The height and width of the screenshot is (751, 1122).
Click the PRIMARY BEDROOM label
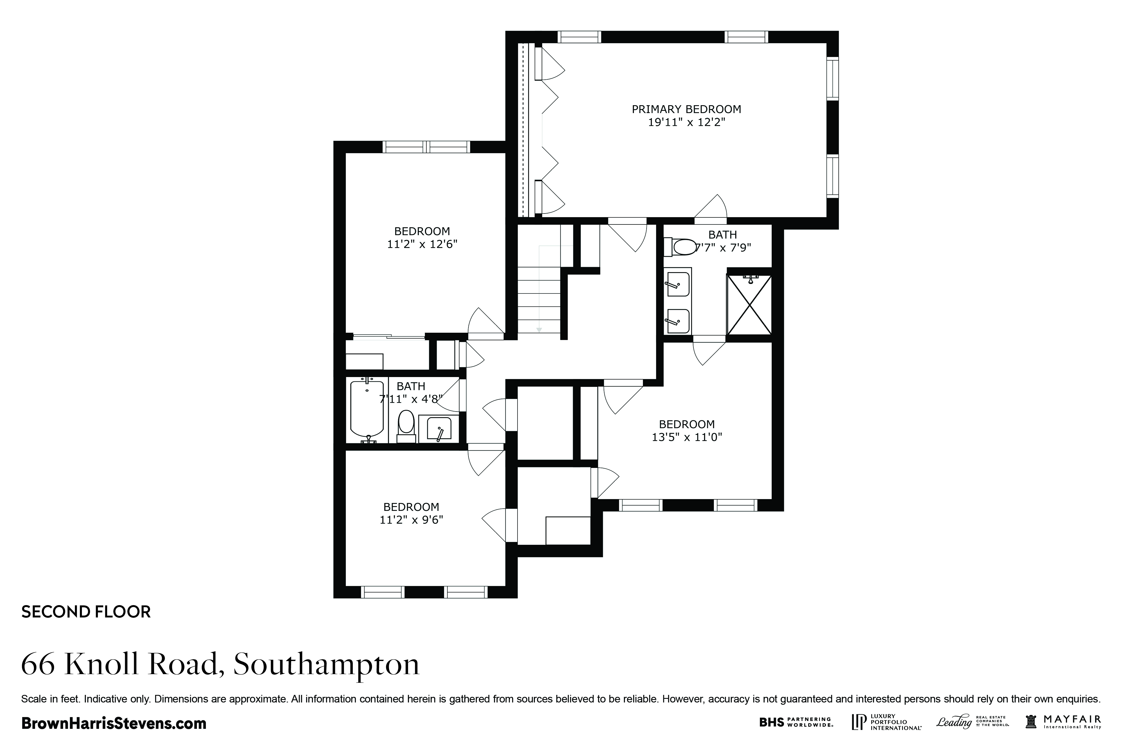tap(686, 109)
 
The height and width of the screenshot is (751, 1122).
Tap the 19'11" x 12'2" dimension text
tap(686, 122)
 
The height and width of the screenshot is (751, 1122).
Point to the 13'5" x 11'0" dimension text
tap(687, 437)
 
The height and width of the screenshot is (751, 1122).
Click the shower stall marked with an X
tap(749, 305)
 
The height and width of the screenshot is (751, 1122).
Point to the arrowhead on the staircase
tap(539, 330)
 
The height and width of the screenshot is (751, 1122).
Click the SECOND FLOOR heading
tap(86, 612)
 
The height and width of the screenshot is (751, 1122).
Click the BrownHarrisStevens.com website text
tap(114, 723)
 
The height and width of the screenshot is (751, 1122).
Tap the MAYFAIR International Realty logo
tap(1063, 722)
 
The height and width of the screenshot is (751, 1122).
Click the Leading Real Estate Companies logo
tap(972, 722)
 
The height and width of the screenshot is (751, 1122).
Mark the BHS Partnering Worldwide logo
tap(796, 722)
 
